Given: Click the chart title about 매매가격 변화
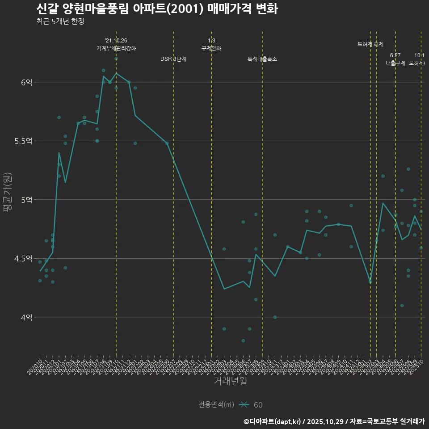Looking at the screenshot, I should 156,8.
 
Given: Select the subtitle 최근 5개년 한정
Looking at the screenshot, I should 60,21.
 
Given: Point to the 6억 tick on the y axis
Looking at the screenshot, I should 26,82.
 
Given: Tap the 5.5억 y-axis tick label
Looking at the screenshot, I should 23,141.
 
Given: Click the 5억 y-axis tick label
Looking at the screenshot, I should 26,200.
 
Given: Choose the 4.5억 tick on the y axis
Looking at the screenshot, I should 23,258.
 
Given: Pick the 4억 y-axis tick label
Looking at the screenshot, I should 26,317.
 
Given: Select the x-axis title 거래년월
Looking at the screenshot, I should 230,381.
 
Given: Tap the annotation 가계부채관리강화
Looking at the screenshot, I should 116,48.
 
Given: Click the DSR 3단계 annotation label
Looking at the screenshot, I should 173,59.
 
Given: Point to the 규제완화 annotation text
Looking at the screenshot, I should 211,48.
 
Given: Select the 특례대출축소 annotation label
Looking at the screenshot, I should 262,59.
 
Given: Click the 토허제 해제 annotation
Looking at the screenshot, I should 370,44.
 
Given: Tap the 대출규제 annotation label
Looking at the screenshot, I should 395,63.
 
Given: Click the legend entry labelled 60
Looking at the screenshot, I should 258,405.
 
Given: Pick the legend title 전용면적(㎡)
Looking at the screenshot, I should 216,404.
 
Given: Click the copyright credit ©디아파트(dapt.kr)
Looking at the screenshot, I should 273,421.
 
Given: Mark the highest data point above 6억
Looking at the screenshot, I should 116,59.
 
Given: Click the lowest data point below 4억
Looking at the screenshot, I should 243,341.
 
